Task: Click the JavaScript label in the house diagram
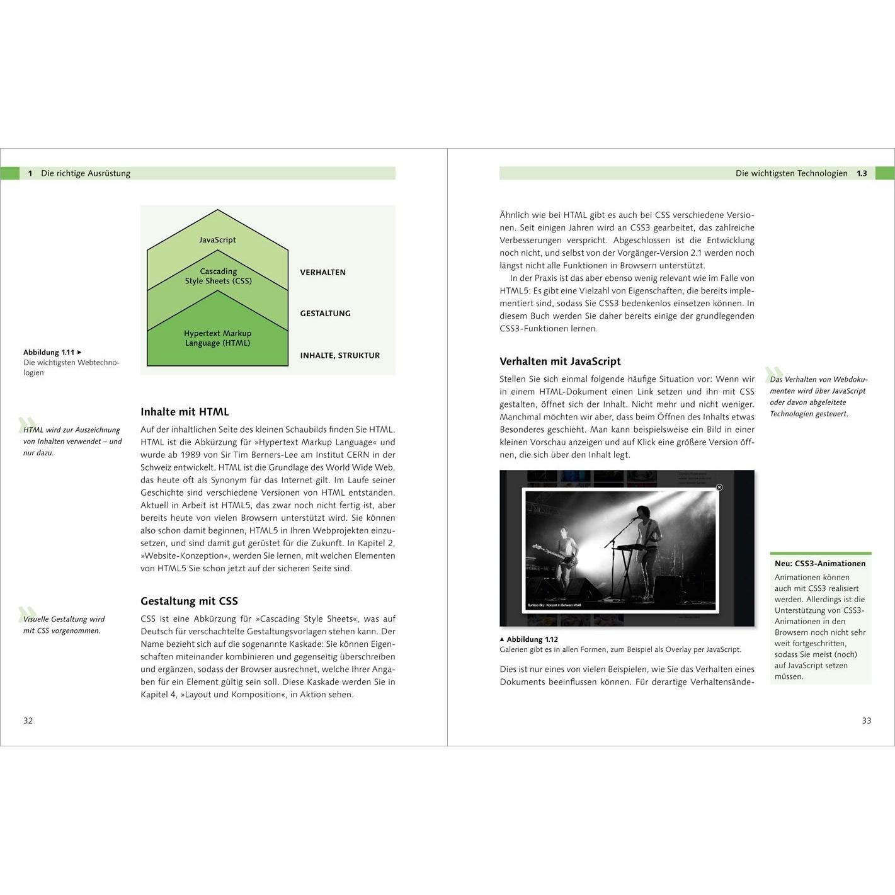pyautogui.click(x=217, y=240)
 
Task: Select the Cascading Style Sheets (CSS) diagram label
pyautogui.click(x=218, y=276)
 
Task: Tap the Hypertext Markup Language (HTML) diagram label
pyautogui.click(x=217, y=338)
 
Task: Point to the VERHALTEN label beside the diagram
pyautogui.click(x=322, y=273)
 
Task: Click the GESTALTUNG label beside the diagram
pyautogui.click(x=325, y=314)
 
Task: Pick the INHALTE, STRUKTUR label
pyautogui.click(x=339, y=356)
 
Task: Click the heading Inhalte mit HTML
pyautogui.click(x=185, y=412)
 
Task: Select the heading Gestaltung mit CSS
pyautogui.click(x=189, y=601)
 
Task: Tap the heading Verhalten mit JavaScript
pyautogui.click(x=560, y=362)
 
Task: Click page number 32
pyautogui.click(x=28, y=721)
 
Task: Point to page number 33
pyautogui.click(x=867, y=721)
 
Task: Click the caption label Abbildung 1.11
pyautogui.click(x=49, y=353)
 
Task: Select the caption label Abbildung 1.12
pyautogui.click(x=532, y=639)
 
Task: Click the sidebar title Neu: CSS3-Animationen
pyautogui.click(x=820, y=564)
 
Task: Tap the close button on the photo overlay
pyautogui.click(x=719, y=487)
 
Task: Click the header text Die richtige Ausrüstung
pyautogui.click(x=86, y=173)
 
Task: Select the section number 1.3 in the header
pyautogui.click(x=862, y=173)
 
